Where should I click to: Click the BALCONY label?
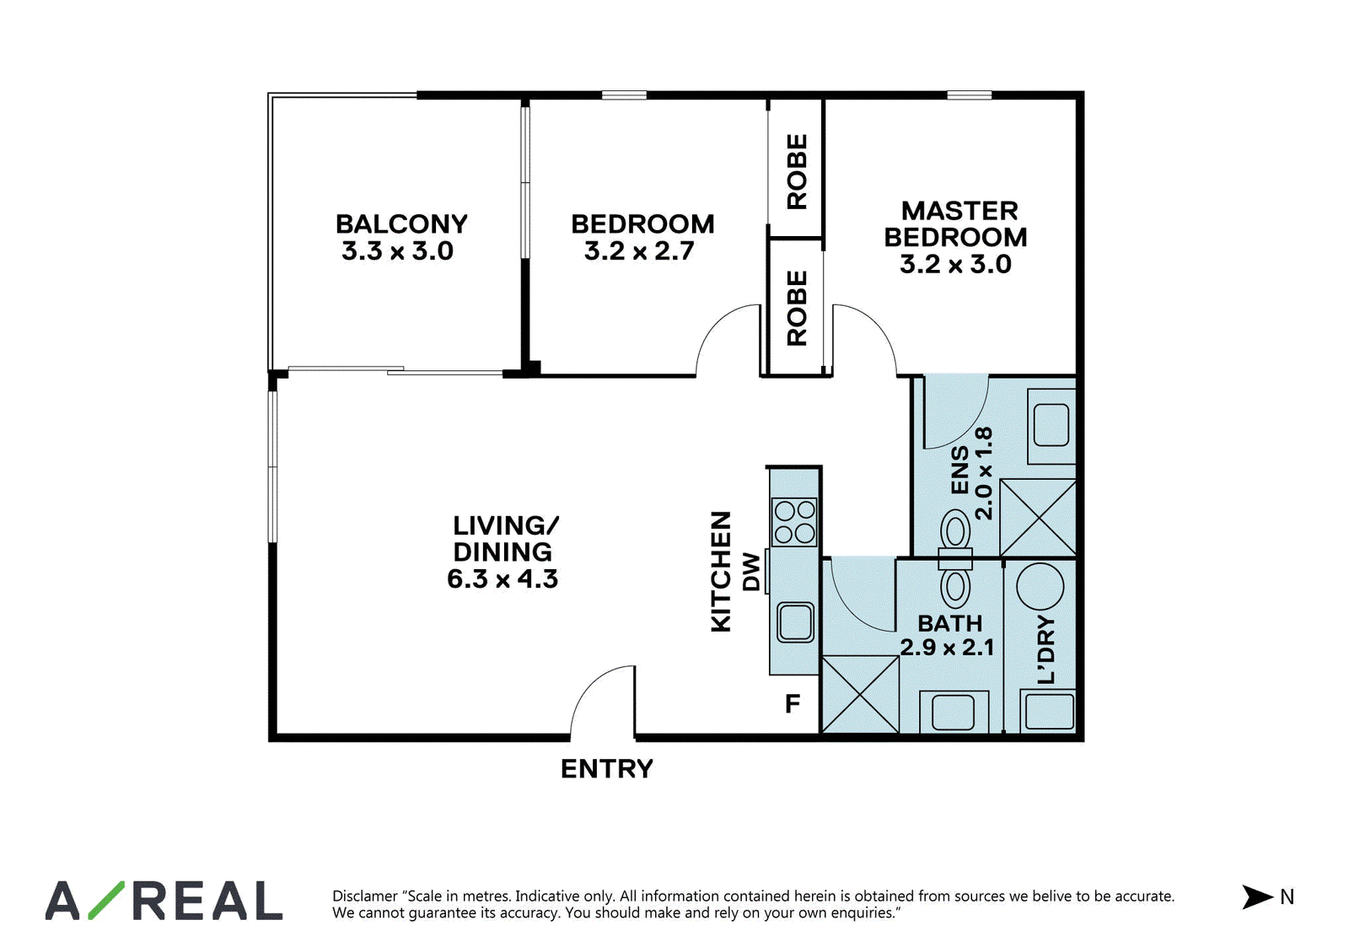[x=401, y=224]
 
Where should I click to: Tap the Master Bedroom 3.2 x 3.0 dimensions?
[x=955, y=265]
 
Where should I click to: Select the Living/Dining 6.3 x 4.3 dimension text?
[x=503, y=579]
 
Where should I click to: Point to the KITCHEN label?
[x=721, y=572]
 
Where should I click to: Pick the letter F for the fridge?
[x=793, y=703]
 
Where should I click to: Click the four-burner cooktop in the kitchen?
[x=794, y=522]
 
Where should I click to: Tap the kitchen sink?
[x=796, y=623]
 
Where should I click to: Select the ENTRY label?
[x=606, y=769]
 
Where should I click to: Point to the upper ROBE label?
[x=797, y=172]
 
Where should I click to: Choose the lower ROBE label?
[x=797, y=308]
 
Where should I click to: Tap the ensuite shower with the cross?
[x=1038, y=518]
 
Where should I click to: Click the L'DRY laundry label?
[x=1046, y=649]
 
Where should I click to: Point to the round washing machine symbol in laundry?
[x=1040, y=586]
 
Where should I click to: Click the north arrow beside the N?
[x=1257, y=897]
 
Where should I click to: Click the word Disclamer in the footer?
[x=365, y=896]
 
